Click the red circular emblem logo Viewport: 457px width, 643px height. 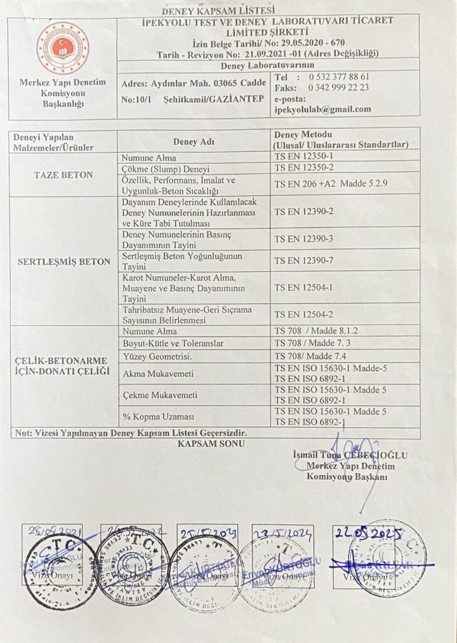(x=62, y=48)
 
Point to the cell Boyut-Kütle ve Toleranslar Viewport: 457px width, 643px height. (x=172, y=343)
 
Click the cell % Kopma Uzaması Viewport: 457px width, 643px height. (x=151, y=416)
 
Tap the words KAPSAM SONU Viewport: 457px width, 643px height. (x=210, y=443)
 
